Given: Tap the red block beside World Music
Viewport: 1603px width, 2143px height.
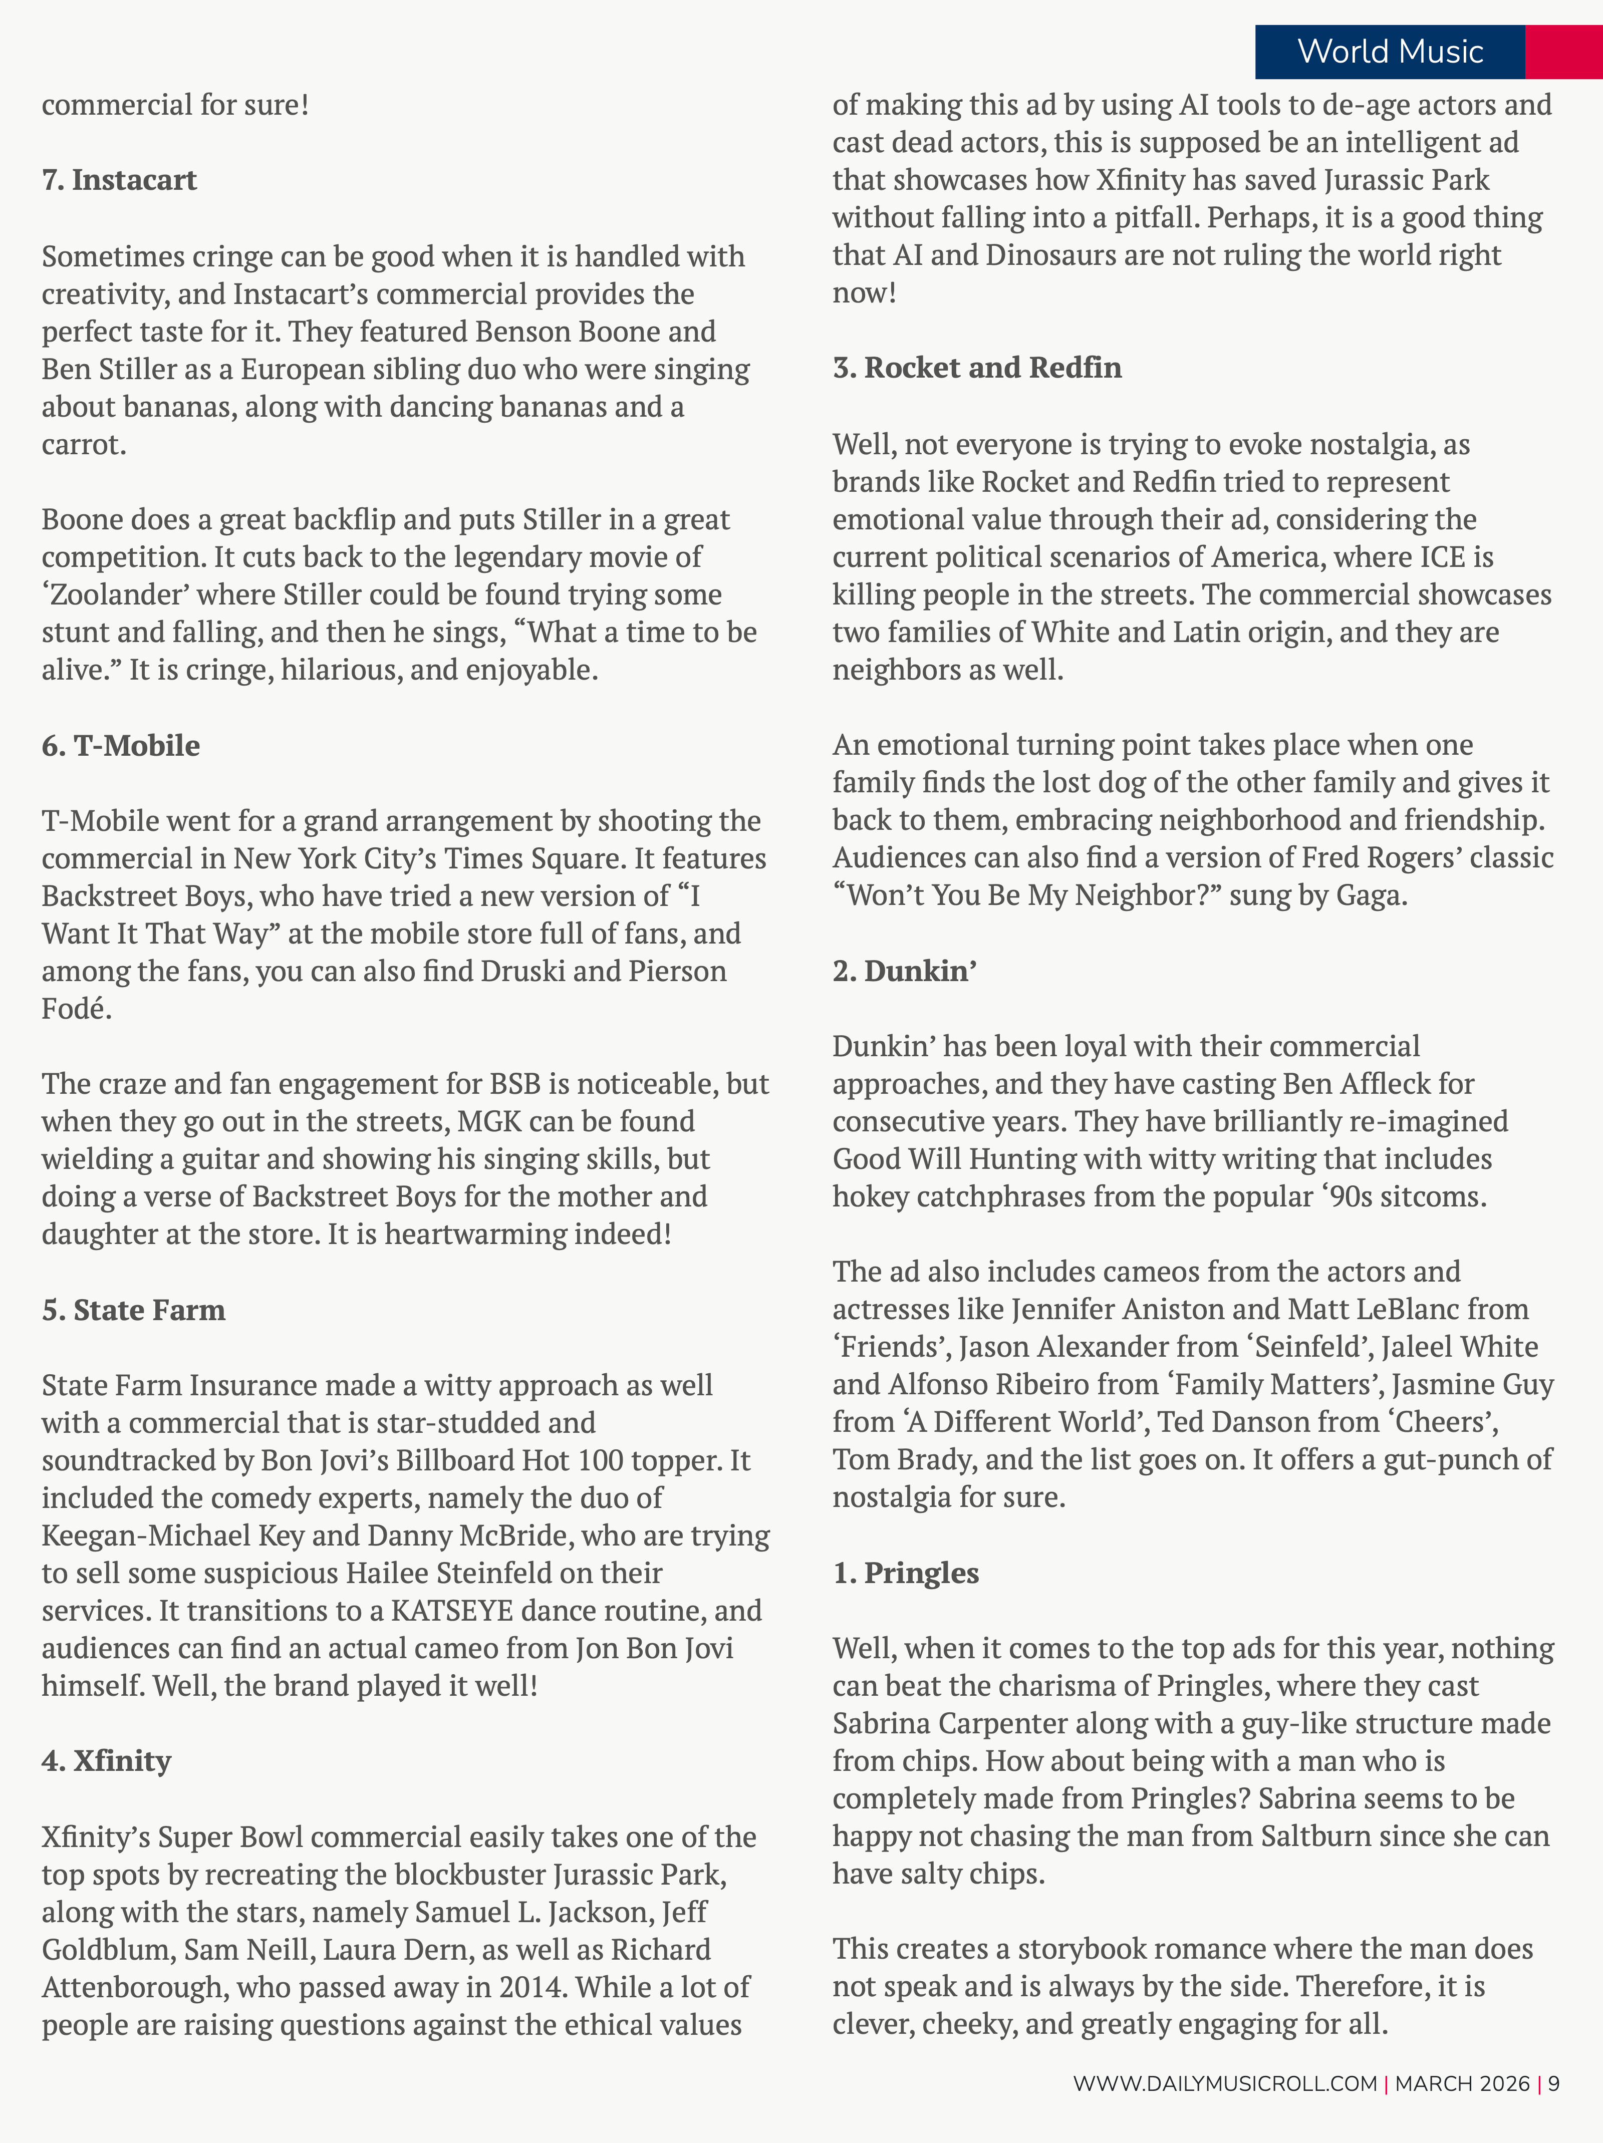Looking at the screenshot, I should pos(1563,52).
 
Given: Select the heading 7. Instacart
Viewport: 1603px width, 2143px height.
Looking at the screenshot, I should pos(119,180).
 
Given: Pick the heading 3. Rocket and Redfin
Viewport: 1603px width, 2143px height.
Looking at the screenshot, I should pos(977,368).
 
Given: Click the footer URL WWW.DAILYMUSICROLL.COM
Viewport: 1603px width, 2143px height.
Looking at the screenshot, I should pos(1224,2083).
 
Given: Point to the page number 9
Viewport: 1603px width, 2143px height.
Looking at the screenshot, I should pos(1553,2083).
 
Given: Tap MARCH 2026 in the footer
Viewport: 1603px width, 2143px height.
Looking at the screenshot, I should pos(1462,2083).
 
